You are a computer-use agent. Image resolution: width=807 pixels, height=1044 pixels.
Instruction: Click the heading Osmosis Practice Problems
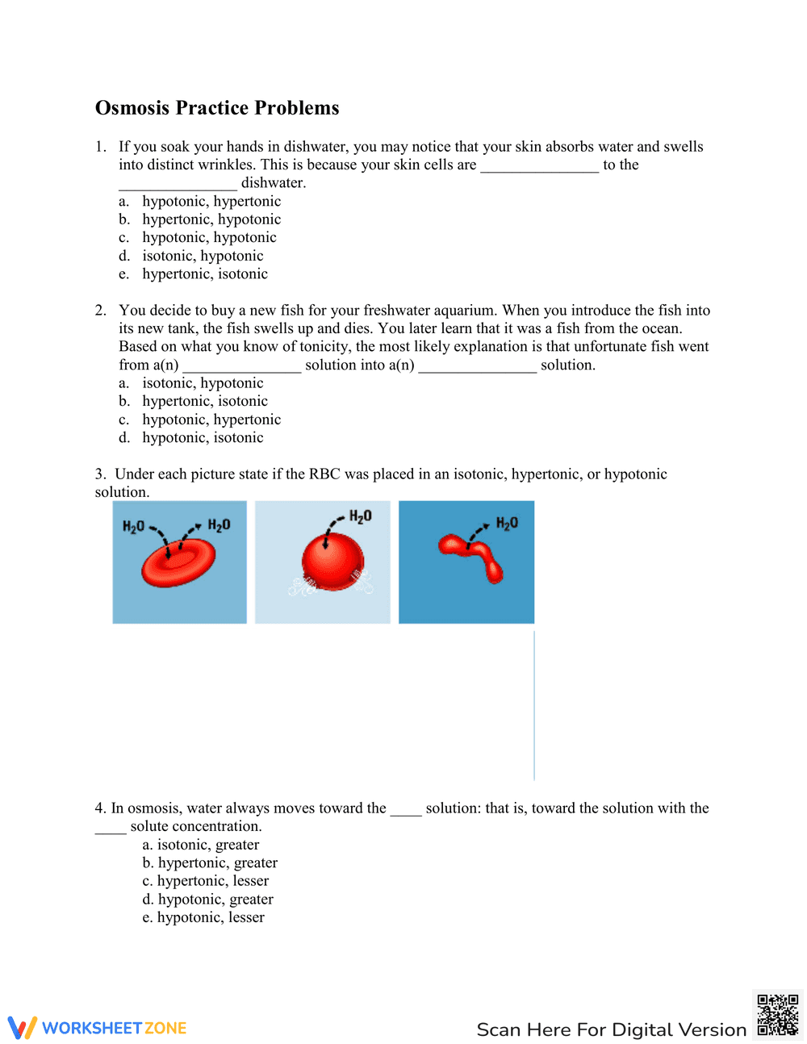(217, 108)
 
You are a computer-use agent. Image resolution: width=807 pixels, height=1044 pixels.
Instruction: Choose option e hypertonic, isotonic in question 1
(205, 274)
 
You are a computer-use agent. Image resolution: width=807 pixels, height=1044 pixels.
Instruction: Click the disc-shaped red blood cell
(178, 562)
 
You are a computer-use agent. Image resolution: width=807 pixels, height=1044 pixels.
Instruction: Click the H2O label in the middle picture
(360, 516)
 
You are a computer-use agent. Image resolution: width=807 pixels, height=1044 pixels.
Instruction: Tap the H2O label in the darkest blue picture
(507, 524)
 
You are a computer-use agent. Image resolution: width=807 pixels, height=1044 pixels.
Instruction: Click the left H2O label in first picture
(133, 527)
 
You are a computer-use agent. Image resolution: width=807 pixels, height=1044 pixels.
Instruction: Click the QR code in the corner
(777, 1015)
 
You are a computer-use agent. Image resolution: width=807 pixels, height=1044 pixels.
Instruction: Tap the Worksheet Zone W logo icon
(23, 1027)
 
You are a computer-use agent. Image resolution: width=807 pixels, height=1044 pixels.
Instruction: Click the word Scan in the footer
(499, 1030)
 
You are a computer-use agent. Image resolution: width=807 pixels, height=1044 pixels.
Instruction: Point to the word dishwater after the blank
(274, 183)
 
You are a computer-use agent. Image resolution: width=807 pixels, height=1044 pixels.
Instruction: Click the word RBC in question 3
(324, 474)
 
